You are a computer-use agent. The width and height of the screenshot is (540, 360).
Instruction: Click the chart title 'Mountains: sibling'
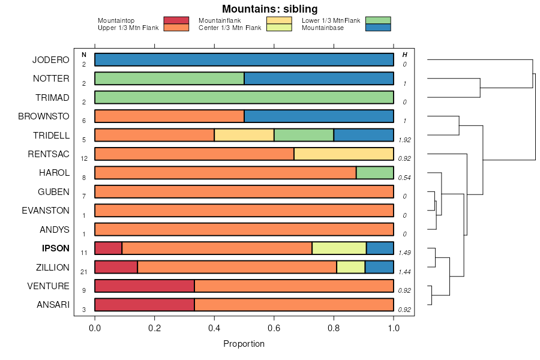click(269, 9)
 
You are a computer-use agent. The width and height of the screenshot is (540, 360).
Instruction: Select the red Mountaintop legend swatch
click(176, 20)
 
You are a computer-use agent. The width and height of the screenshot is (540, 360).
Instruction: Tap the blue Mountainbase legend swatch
click(377, 27)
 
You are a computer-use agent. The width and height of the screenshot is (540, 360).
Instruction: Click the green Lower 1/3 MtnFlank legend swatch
click(377, 20)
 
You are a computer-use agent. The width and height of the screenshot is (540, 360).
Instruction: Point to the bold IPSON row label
click(56, 248)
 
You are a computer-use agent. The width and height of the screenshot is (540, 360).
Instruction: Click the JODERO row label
click(51, 60)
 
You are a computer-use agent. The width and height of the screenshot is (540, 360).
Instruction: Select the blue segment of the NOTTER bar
click(319, 79)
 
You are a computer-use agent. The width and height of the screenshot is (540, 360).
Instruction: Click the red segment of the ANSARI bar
click(145, 305)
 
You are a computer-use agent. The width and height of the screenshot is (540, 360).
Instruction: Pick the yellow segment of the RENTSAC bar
click(344, 154)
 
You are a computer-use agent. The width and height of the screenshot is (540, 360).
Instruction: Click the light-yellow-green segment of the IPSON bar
click(339, 248)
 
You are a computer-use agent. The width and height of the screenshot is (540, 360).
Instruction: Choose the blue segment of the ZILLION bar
click(379, 267)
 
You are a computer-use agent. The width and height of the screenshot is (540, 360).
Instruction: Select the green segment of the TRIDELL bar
click(304, 135)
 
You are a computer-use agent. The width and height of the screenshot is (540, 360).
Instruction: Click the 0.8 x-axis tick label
click(334, 328)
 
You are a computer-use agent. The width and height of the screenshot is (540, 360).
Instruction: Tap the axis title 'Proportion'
click(244, 344)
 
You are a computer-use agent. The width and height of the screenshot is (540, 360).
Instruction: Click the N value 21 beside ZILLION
click(84, 272)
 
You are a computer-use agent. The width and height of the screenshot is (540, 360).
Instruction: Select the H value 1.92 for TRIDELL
click(404, 139)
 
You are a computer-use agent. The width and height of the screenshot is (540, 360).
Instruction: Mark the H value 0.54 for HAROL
click(404, 177)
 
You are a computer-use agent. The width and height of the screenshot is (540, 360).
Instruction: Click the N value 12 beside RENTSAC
click(84, 158)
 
